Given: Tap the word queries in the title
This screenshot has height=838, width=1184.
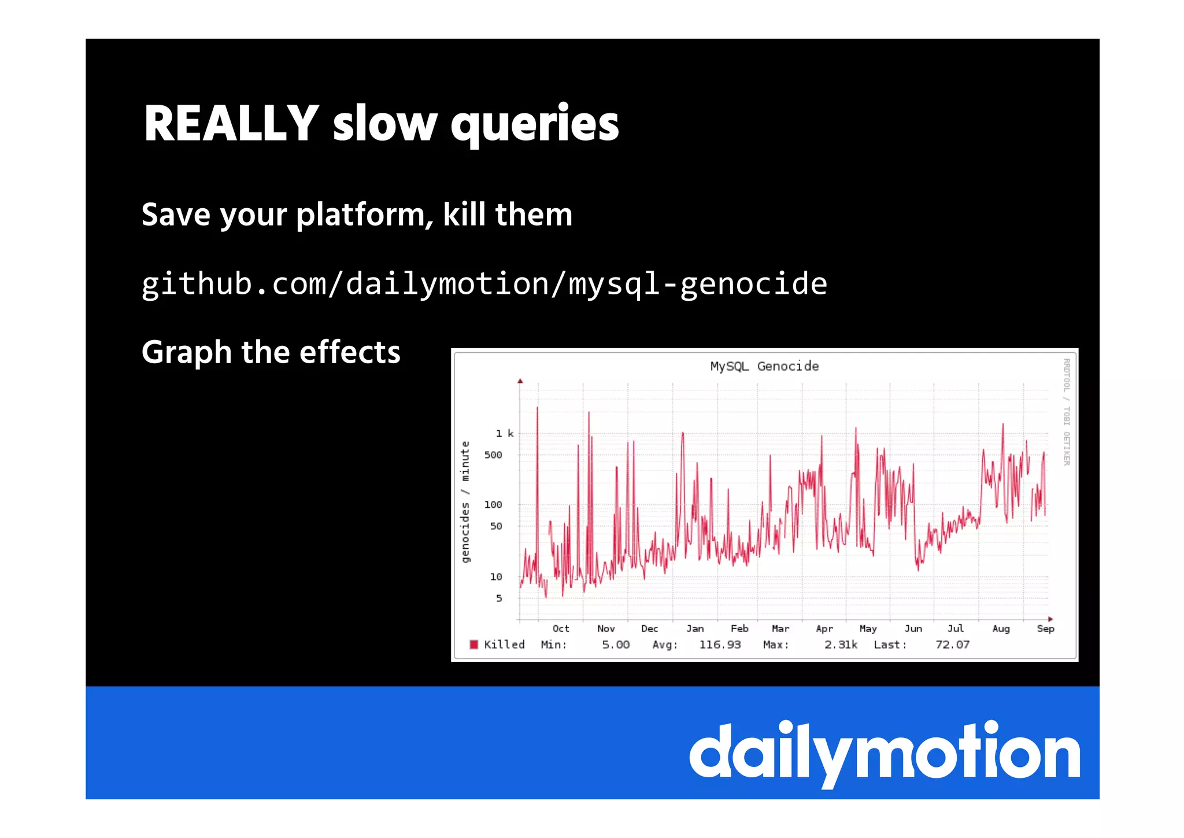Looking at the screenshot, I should pos(535,124).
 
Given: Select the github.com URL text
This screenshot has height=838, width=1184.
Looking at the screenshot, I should pos(484,284).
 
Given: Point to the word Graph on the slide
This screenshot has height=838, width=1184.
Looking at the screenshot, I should pos(187,352).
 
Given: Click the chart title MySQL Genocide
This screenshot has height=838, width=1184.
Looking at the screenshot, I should pos(764,366).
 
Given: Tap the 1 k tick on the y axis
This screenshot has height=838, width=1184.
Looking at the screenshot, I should pos(504,433).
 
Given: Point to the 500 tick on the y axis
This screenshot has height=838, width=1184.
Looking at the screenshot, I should pos(493,455).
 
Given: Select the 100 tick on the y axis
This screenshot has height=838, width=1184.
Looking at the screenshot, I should pos(493,505).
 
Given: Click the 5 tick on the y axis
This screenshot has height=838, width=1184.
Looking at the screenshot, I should pos(499,598).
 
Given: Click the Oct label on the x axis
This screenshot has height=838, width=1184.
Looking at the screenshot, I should pos(561,629).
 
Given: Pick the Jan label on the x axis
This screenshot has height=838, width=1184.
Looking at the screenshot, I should pos(695,629).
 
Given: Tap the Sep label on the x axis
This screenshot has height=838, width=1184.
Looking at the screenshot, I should pos(1045,629).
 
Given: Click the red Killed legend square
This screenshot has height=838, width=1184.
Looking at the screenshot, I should pos(474,644).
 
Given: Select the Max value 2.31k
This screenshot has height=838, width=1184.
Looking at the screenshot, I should pos(841,644).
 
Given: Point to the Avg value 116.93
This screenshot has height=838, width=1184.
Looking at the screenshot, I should pos(720,644).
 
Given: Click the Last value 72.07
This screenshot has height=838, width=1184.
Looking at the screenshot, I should pos(952,644).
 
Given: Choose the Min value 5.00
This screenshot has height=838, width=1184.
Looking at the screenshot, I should pos(616,644).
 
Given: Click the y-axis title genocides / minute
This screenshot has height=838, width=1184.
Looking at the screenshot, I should pos(465,502).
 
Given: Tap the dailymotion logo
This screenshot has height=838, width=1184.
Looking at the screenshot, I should pos(884,752).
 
